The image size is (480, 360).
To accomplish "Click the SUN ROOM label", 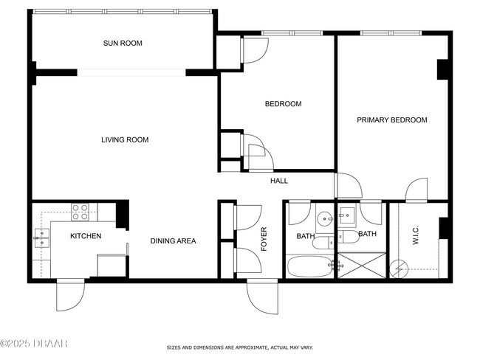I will (x=123, y=44).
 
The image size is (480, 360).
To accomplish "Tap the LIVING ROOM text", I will (x=125, y=139).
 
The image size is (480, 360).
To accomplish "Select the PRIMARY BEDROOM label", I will (x=392, y=120).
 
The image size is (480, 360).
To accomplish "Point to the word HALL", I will (x=278, y=181).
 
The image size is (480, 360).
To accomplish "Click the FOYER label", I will (x=264, y=239).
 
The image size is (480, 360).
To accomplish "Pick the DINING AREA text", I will (x=173, y=240).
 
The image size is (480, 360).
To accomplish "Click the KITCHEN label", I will (x=85, y=236).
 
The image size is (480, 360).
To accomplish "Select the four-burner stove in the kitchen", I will (x=80, y=212).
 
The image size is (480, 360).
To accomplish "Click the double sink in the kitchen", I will (x=41, y=237).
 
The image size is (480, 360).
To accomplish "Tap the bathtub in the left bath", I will (x=309, y=266).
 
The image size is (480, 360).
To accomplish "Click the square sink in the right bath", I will (x=348, y=216).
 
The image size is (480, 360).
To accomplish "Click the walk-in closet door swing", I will (x=416, y=190).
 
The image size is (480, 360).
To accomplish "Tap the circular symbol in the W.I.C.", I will (x=400, y=267).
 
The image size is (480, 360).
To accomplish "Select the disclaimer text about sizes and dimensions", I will (x=239, y=347).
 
